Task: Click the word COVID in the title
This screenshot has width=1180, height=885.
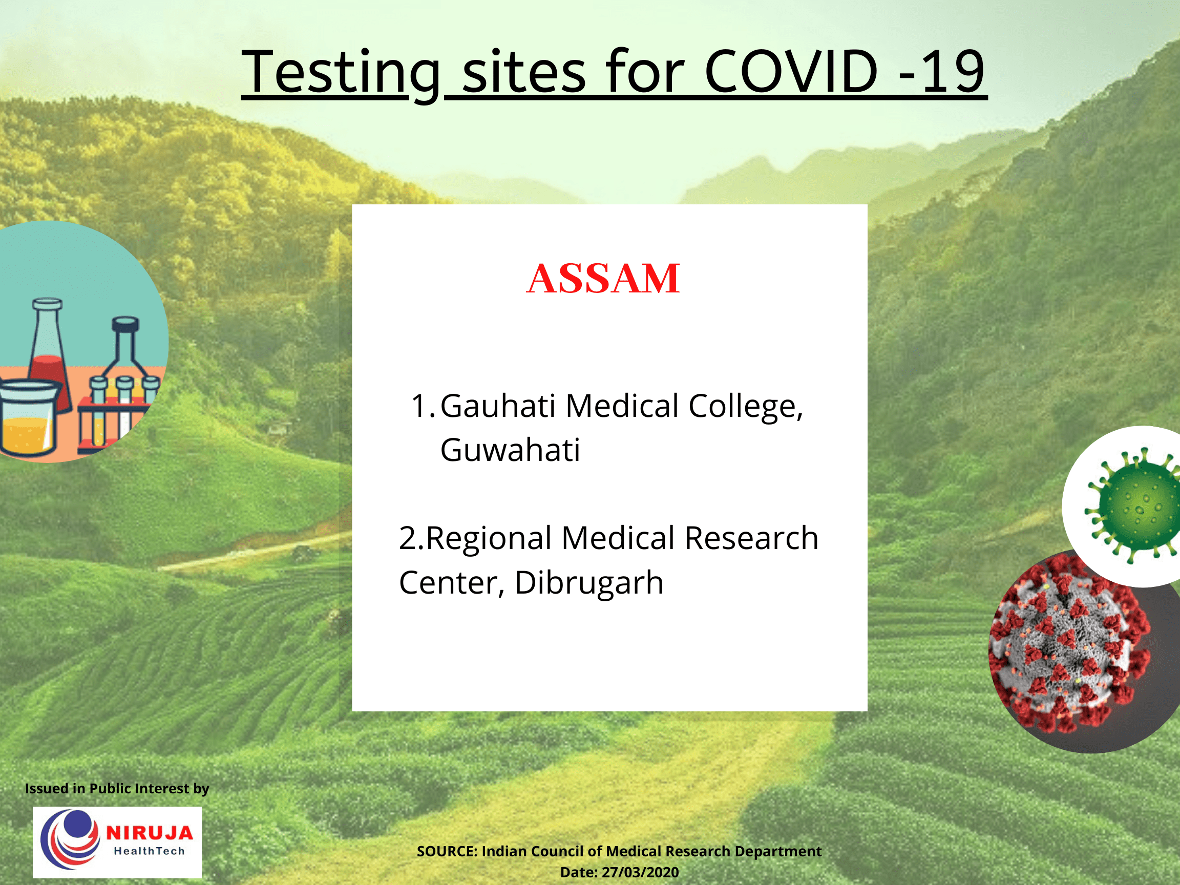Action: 791,71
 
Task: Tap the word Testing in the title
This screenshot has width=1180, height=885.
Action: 342,72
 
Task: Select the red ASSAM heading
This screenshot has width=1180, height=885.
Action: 603,279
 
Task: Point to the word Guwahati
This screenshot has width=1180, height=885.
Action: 510,450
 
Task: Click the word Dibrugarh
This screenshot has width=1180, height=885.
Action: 589,582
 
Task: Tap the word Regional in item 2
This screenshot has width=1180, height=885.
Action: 489,538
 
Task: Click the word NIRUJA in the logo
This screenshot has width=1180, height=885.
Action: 150,832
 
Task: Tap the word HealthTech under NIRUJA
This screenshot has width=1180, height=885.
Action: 150,851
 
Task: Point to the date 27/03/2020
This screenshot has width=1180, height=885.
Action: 640,872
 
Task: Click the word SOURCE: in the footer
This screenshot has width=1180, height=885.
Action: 447,851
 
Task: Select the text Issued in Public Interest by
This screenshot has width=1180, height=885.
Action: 117,788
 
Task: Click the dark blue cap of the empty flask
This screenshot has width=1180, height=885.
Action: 125,324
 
